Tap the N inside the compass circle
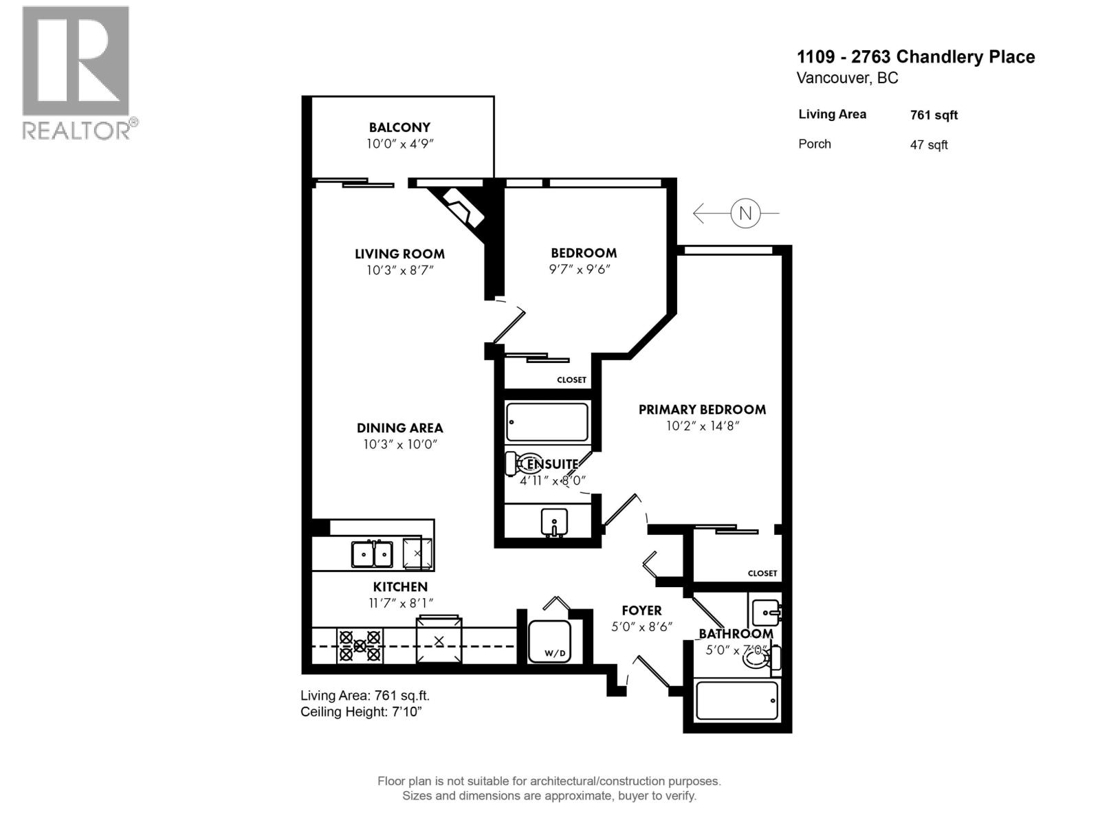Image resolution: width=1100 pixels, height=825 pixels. tap(745, 214)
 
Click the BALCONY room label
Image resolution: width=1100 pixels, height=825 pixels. tap(399, 127)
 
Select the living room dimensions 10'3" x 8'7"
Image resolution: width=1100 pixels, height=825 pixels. tap(399, 270)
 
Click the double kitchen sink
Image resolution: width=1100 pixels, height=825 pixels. tap(372, 553)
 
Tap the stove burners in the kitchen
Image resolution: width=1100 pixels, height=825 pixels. tap(360, 646)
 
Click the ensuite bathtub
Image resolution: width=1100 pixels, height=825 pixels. tap(547, 421)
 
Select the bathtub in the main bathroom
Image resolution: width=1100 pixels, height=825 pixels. tap(737, 701)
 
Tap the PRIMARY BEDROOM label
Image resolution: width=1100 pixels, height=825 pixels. tap(702, 410)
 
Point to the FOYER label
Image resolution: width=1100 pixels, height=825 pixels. tap(641, 610)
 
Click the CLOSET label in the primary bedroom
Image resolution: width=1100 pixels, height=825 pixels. tap(762, 573)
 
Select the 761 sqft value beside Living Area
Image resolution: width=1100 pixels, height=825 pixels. tap(934, 115)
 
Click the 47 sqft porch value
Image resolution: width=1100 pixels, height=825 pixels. tap(929, 145)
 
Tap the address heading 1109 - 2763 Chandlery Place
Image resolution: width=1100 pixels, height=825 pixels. tap(916, 56)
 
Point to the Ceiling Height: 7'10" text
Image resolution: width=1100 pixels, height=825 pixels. tap(361, 712)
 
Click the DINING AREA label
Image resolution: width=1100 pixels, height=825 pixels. tap(399, 428)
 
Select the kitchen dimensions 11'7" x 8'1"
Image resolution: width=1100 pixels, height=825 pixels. tap(400, 603)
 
